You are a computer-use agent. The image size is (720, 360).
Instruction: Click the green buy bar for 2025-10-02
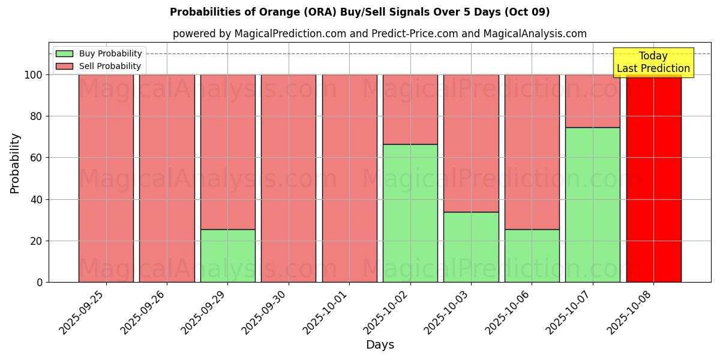click(x=410, y=213)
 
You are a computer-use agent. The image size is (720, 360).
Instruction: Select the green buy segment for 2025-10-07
click(x=593, y=205)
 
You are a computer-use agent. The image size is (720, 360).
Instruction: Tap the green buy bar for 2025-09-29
click(x=228, y=256)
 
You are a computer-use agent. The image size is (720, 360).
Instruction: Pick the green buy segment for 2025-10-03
click(x=471, y=247)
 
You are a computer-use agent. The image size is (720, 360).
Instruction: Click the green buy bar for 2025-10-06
click(x=532, y=256)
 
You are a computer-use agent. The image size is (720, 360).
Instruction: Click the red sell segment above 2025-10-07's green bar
click(x=593, y=101)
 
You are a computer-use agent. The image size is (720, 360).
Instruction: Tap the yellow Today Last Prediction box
click(x=653, y=62)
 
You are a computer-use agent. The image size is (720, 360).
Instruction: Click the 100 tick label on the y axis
click(x=33, y=75)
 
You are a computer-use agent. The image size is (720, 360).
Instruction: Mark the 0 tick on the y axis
click(x=40, y=282)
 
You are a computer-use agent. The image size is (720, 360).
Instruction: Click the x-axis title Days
click(x=380, y=345)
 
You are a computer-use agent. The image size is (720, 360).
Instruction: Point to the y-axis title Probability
click(x=15, y=163)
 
